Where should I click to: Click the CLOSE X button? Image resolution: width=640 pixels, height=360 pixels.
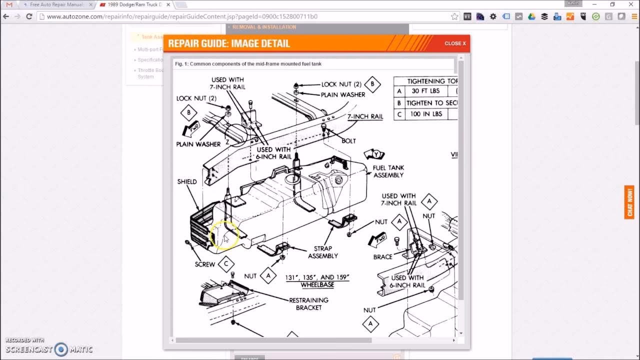tap(455, 43)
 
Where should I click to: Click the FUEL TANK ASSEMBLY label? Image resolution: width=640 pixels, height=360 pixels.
tap(388, 171)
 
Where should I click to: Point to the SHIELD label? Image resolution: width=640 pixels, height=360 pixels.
tap(187, 181)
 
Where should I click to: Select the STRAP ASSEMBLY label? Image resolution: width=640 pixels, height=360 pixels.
tap(323, 252)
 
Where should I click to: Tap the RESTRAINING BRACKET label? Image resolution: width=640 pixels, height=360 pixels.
tap(308, 304)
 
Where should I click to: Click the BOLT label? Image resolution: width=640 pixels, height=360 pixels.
tap(348, 141)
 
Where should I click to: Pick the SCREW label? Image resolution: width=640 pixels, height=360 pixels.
tap(205, 264)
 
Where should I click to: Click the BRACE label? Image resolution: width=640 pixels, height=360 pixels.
tap(383, 256)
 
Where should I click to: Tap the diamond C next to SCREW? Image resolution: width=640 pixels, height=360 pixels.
tap(226, 263)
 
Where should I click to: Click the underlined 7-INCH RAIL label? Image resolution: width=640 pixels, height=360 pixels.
tap(365, 116)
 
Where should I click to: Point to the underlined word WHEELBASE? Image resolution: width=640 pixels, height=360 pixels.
tap(317, 285)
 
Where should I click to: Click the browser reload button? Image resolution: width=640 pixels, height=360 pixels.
tap(29, 16)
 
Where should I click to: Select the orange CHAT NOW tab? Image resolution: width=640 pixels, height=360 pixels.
tap(629, 202)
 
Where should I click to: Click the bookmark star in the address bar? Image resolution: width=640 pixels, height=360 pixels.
tap(454, 16)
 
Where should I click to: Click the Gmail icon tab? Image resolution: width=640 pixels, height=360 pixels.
tap(9, 4)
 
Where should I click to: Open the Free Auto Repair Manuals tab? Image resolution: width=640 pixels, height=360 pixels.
tap(55, 4)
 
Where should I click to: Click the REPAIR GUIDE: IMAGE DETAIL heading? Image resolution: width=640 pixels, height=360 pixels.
tap(229, 43)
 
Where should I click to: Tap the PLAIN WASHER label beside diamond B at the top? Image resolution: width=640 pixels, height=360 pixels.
tap(343, 94)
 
